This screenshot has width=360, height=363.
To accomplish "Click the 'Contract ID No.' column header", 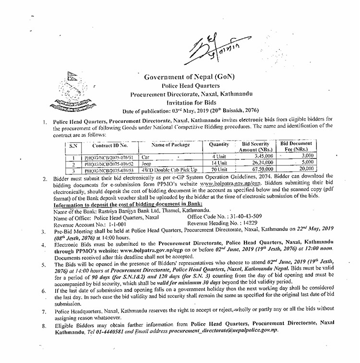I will coord(110,145).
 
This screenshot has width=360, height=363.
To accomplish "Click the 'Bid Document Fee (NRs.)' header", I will coord(296,146).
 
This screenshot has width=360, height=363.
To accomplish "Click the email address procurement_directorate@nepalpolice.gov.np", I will coord(223,331).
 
